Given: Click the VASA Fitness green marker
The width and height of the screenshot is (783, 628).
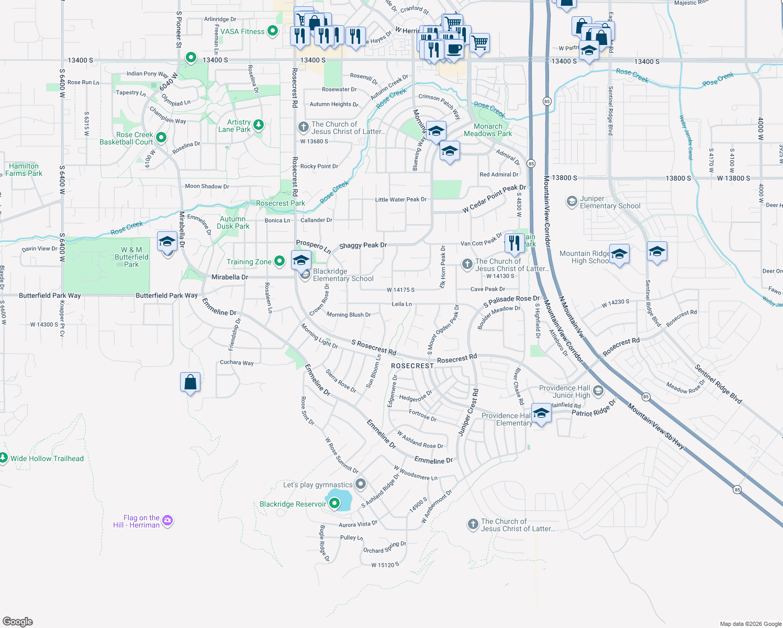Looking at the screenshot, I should click(272, 31).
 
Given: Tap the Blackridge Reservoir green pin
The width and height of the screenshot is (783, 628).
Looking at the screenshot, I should click(334, 504).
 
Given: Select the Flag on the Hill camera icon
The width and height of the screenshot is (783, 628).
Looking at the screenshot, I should click(167, 520).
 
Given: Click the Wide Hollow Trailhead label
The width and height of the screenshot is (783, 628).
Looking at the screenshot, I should click(47, 458).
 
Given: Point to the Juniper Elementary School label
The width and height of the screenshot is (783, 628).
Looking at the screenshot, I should click(610, 203).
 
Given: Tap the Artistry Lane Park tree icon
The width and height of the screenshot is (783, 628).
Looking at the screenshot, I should click(258, 125).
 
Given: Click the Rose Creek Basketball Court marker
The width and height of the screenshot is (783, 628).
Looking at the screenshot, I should click(161, 138).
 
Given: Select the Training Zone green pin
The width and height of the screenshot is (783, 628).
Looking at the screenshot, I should click(279, 261).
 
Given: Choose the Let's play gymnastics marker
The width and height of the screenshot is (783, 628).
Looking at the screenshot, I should click(360, 484).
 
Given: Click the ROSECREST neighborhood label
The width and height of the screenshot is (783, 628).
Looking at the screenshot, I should click(412, 366).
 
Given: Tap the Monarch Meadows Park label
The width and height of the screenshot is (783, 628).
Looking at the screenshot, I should click(488, 130).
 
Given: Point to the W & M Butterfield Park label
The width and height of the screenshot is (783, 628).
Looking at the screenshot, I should click(131, 257).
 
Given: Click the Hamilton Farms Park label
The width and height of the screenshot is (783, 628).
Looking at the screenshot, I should click(24, 170).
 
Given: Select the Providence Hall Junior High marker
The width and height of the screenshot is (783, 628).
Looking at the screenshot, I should click(598, 391).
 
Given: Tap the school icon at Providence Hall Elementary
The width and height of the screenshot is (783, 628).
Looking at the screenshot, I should click(541, 413).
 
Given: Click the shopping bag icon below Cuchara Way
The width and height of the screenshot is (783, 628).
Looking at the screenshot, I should click(191, 382).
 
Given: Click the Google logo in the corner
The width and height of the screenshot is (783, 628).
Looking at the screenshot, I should click(18, 622).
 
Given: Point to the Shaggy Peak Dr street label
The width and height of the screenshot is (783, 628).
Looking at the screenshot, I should click(363, 245).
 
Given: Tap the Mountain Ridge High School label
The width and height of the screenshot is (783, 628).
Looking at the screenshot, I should click(585, 257).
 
